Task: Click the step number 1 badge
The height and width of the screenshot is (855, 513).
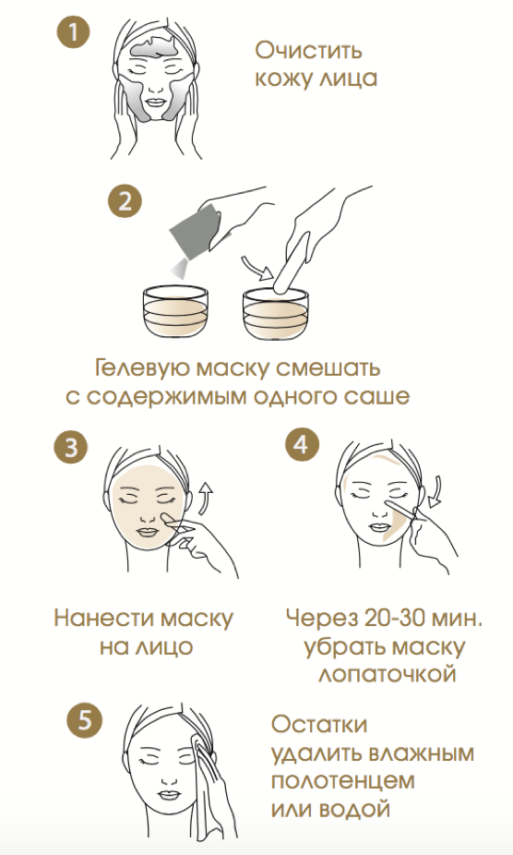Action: [x=73, y=31]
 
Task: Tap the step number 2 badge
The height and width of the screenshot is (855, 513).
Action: [x=125, y=200]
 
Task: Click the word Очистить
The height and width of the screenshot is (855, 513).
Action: [x=308, y=51]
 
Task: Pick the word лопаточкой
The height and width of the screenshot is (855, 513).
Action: [x=388, y=675]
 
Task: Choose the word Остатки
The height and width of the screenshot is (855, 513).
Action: [x=319, y=725]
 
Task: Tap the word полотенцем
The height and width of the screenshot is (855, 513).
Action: [x=342, y=781]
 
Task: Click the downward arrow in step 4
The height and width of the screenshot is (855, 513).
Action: [x=435, y=492]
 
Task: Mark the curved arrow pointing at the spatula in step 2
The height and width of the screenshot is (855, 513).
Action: [x=257, y=269]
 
